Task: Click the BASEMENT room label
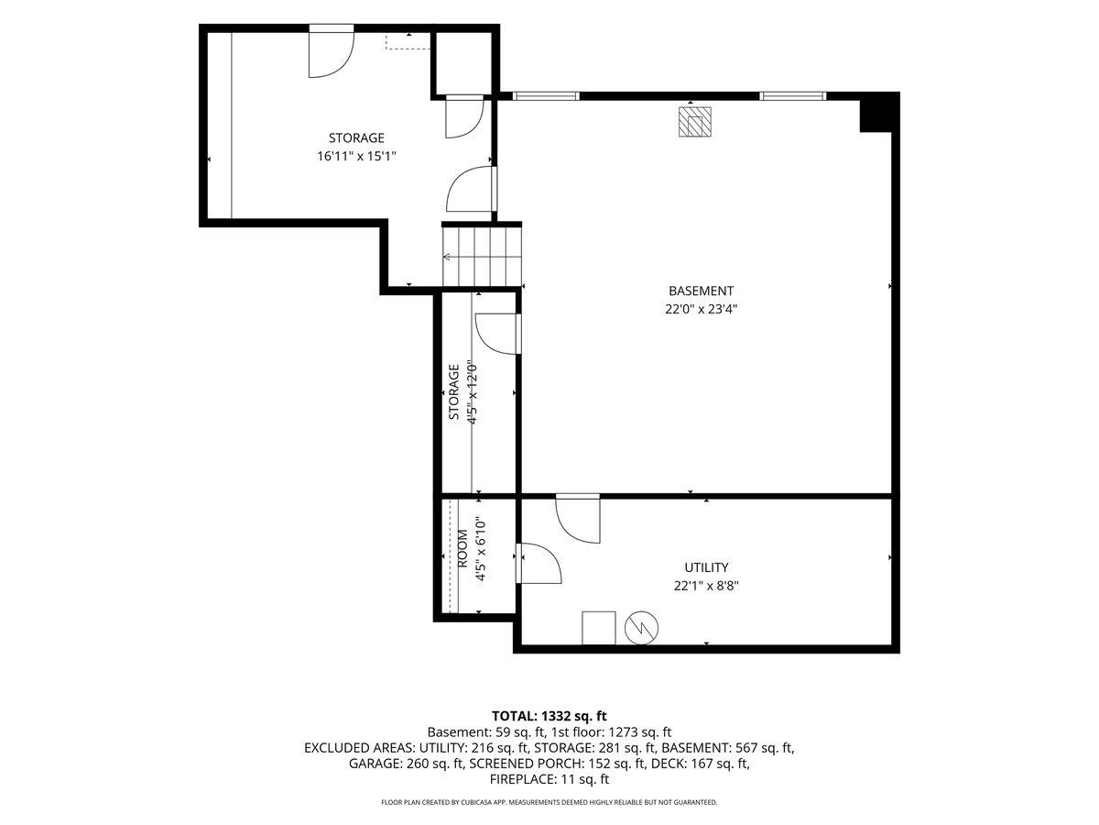tap(701, 291)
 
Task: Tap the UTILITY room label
tap(706, 567)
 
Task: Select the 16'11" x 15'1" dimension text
tap(356, 156)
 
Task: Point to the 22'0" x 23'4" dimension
tap(701, 309)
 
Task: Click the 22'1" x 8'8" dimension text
tap(706, 586)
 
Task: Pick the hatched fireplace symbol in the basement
tap(694, 122)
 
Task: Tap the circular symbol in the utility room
tap(641, 628)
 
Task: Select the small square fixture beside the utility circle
tap(599, 628)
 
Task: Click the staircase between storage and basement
tap(482, 257)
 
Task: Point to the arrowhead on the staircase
tap(446, 257)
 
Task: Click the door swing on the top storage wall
tap(332, 52)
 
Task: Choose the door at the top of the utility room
tap(578, 520)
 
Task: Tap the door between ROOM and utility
tap(539, 563)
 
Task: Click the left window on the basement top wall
tap(546, 95)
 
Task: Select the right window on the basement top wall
tap(793, 95)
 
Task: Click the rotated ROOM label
tap(462, 548)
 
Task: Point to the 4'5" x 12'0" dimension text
tap(473, 392)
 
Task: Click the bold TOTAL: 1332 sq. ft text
tap(549, 716)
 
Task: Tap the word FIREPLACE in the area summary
tap(522, 779)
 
